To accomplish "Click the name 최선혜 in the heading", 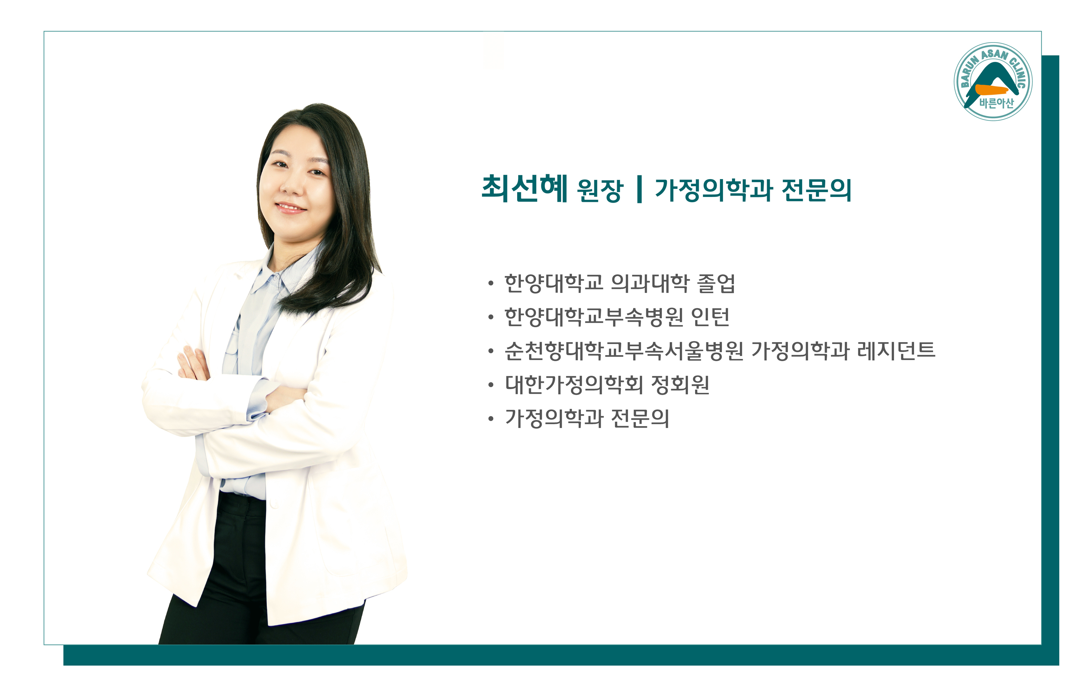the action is point(524,189).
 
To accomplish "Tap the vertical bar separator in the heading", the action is point(639,190).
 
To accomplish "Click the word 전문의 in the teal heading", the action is point(816,190).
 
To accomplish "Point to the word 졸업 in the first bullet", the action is point(716,284).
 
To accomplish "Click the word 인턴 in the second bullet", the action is point(710,317).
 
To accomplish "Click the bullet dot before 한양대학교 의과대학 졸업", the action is point(491,284).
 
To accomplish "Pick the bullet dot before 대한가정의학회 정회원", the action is point(491,385).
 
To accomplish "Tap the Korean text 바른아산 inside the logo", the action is point(997,103).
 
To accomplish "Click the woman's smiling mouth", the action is point(291,207).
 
